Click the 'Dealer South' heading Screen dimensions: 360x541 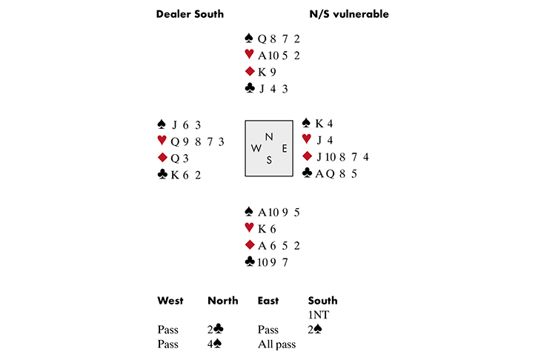pyautogui.click(x=190, y=14)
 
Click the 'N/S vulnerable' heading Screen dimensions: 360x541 pyautogui.click(x=348, y=14)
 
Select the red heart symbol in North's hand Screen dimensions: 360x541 pyautogui.click(x=249, y=56)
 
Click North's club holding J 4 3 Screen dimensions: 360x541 pyautogui.click(x=274, y=90)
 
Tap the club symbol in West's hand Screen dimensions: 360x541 pyautogui.click(x=162, y=175)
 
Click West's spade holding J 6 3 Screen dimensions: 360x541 pyautogui.click(x=186, y=124)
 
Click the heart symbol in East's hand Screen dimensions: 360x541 pyautogui.click(x=307, y=140)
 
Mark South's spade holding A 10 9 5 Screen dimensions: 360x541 pyautogui.click(x=279, y=212)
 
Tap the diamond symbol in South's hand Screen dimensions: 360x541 pyautogui.click(x=249, y=245)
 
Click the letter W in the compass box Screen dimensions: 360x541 pyautogui.click(x=256, y=148)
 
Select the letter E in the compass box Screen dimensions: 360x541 pyautogui.click(x=285, y=147)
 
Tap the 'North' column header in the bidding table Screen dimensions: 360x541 pyautogui.click(x=223, y=301)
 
